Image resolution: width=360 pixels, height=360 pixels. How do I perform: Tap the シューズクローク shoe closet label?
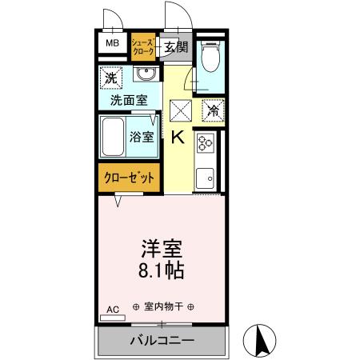click(142, 46)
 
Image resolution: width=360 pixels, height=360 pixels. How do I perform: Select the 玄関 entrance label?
click(176, 47)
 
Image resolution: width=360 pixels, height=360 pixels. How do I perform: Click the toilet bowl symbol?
click(210, 57)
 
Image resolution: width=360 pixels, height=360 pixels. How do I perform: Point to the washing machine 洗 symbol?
click(111, 78)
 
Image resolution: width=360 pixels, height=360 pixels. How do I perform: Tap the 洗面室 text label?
click(128, 102)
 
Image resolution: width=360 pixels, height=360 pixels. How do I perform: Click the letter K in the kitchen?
click(177, 137)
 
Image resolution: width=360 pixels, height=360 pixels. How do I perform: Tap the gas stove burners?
click(205, 145)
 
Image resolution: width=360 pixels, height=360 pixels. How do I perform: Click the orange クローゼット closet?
click(128, 178)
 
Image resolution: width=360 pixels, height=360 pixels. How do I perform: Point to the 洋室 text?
click(162, 246)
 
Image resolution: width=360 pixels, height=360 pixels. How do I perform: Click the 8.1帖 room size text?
click(162, 270)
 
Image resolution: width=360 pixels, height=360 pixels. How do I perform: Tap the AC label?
click(112, 308)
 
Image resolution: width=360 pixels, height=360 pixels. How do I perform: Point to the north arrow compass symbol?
click(261, 339)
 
